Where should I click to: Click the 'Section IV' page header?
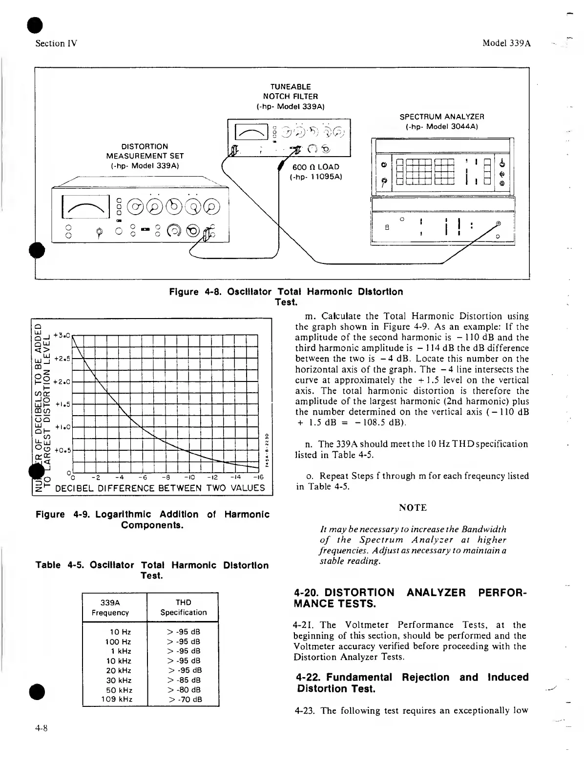pos(57,43)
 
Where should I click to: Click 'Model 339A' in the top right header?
pos(506,43)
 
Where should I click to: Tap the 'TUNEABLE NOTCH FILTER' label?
pos(290,96)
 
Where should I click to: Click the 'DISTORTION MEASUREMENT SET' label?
pos(145,156)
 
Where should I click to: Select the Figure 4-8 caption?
pos(286,297)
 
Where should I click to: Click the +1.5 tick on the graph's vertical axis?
pos(63,404)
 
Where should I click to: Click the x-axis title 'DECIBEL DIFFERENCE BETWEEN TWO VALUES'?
pos(160,488)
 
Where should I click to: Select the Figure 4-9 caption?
pos(152,520)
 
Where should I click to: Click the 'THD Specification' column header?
pos(183,607)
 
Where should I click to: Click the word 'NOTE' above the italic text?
pos(413,508)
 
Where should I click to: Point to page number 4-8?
pos(41,729)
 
